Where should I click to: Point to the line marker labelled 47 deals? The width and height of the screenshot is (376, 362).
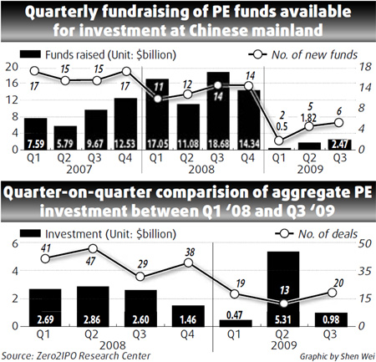pyautogui.click(x=94, y=248)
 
